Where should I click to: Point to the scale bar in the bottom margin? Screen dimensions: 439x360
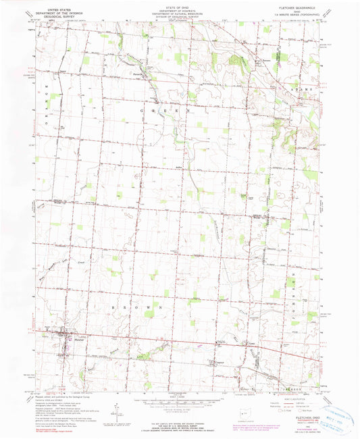179,398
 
